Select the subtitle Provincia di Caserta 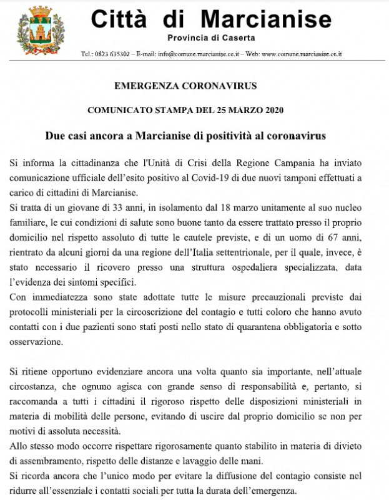pyautogui.click(x=211, y=38)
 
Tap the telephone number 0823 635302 pyautogui.click(x=112, y=54)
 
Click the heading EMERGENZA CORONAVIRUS pyautogui.click(x=194, y=86)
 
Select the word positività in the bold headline pyautogui.click(x=239, y=136)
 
